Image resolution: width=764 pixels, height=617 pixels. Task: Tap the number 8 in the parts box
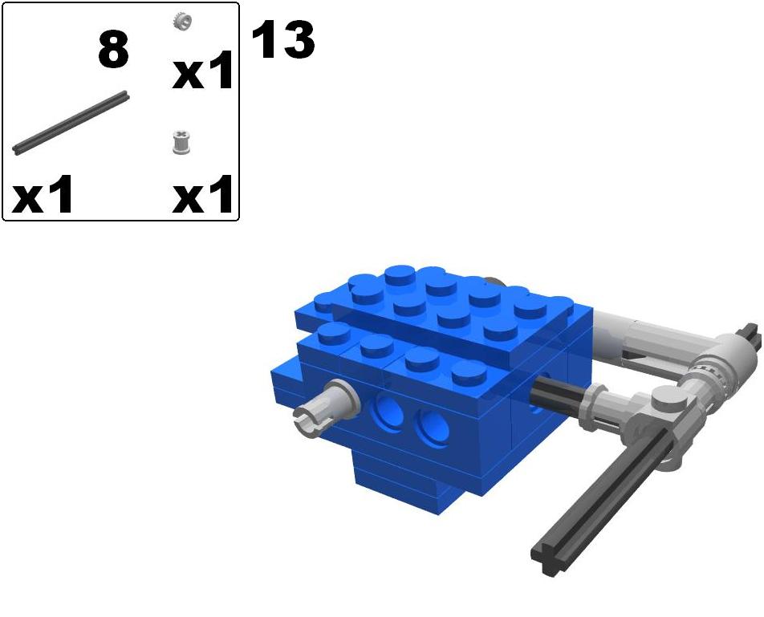point(113,50)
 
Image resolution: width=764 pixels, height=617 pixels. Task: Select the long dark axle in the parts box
point(71,122)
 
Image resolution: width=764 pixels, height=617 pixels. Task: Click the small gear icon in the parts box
point(182,22)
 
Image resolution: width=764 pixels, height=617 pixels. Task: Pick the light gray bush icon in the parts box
point(182,143)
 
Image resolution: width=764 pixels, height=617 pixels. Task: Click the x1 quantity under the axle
point(43,196)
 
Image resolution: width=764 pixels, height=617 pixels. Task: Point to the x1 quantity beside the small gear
point(203,72)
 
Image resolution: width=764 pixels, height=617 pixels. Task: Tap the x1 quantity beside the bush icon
point(203,196)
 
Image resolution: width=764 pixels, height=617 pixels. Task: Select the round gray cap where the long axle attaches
point(666,399)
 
